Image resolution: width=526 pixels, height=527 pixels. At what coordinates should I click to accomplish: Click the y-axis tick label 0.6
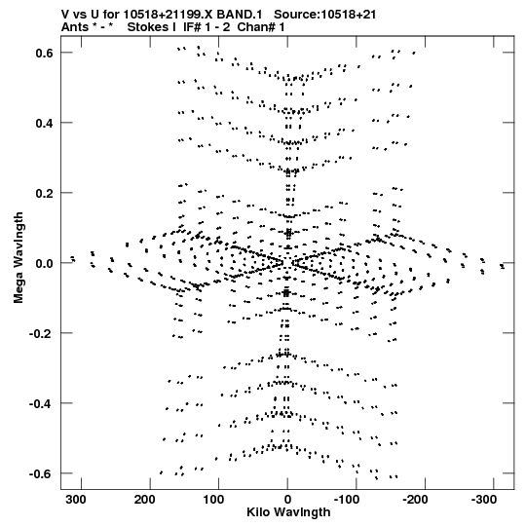[44, 54]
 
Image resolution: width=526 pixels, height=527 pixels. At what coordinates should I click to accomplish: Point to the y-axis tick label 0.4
[44, 124]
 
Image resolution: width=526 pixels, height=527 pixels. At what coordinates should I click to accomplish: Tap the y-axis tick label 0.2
[44, 194]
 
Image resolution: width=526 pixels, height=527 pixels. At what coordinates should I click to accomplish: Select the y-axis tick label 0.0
[44, 263]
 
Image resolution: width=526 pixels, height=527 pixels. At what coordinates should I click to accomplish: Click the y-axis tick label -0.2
[41, 334]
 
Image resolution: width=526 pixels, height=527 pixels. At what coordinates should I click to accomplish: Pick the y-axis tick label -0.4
[41, 403]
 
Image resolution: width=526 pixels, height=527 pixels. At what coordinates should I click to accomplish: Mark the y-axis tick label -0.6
[41, 473]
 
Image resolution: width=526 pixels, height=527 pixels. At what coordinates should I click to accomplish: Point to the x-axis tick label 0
[287, 500]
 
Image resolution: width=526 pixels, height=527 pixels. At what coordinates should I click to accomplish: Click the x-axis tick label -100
[347, 500]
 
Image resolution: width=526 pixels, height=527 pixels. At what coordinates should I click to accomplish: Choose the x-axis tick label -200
[415, 500]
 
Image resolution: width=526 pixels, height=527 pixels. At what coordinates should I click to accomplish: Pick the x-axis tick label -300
[484, 500]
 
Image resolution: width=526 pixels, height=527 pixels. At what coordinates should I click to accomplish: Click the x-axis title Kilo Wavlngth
[288, 512]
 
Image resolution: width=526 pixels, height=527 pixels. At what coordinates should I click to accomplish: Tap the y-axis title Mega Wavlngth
[19, 258]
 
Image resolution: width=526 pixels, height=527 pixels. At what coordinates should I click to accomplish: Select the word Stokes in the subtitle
[152, 27]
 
